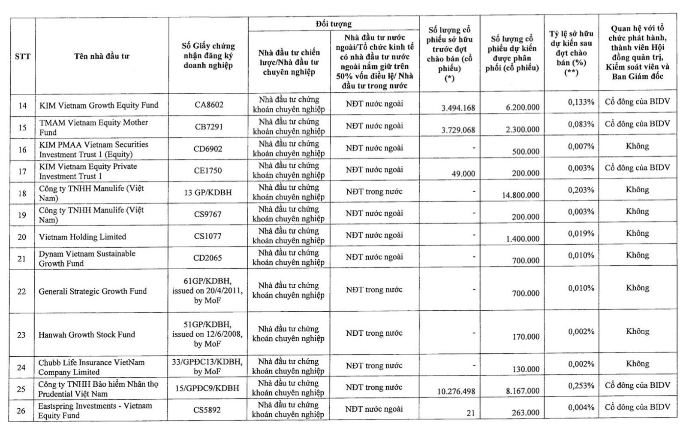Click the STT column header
click(23, 56)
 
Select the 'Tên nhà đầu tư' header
click(102, 56)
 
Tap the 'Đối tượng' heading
click(333, 24)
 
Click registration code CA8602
click(208, 105)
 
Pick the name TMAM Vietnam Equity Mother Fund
click(93, 127)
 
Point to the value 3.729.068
click(458, 130)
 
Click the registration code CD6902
click(208, 149)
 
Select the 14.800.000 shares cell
click(521, 195)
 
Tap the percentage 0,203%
click(581, 190)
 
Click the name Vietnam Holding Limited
click(82, 237)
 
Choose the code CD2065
click(208, 258)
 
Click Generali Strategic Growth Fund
click(93, 291)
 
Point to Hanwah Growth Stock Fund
click(87, 334)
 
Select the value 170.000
click(526, 337)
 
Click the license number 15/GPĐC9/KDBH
click(207, 388)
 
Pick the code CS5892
click(207, 410)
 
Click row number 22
click(22, 291)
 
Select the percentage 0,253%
click(581, 385)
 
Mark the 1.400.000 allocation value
click(522, 239)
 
